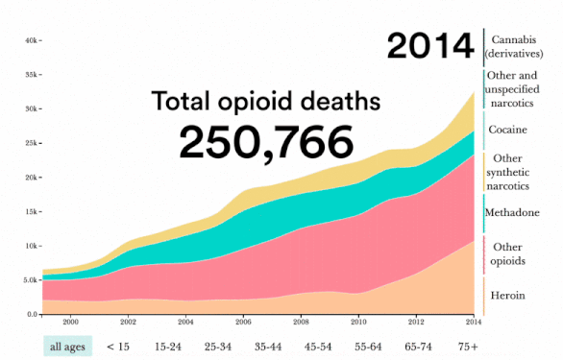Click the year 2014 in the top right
click(x=430, y=45)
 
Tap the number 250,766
click(x=265, y=142)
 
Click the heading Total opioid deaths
click(x=266, y=101)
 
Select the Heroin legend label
click(x=506, y=295)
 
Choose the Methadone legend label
click(x=513, y=212)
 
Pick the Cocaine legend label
click(x=506, y=129)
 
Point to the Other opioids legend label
click(x=506, y=253)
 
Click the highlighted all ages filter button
click(x=67, y=345)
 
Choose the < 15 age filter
click(x=118, y=345)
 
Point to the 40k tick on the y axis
click(x=30, y=40)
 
